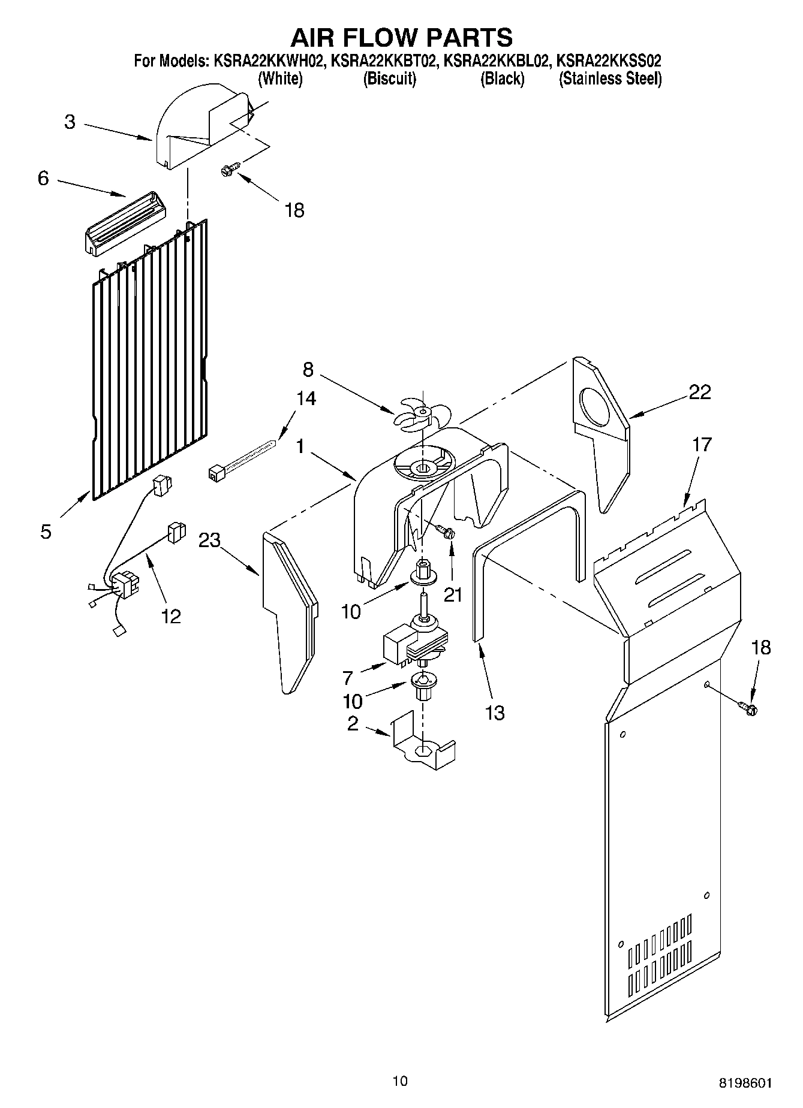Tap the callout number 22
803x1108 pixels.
pos(700,392)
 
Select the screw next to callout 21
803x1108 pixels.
pos(446,530)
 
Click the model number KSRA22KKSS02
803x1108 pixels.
pos(609,61)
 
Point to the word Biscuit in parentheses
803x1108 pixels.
pos(390,79)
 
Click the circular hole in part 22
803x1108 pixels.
pos(597,409)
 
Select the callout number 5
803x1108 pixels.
pos(46,532)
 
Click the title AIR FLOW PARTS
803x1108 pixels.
pos(401,37)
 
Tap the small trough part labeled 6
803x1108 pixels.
pos(122,224)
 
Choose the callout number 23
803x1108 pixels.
pos(209,540)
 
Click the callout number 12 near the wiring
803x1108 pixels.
pos(171,616)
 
